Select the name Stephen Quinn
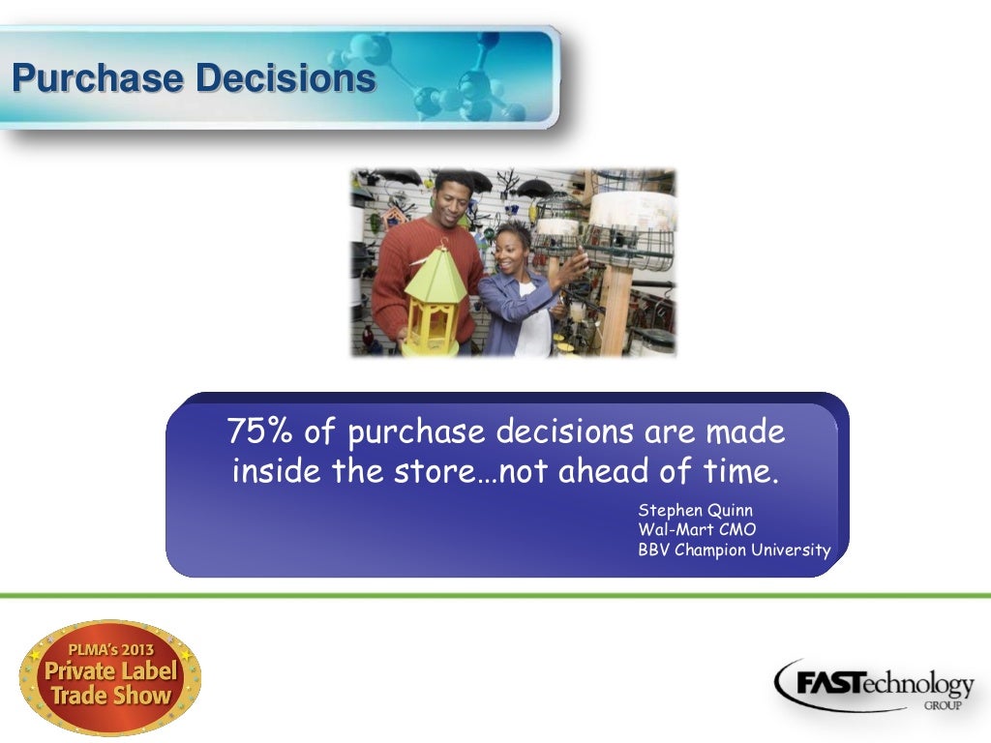[x=695, y=510]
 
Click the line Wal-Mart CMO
[x=697, y=530]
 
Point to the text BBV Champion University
[x=734, y=550]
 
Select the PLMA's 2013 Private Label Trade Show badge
[x=109, y=676]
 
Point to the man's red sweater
[x=406, y=281]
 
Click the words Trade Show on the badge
[x=110, y=695]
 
